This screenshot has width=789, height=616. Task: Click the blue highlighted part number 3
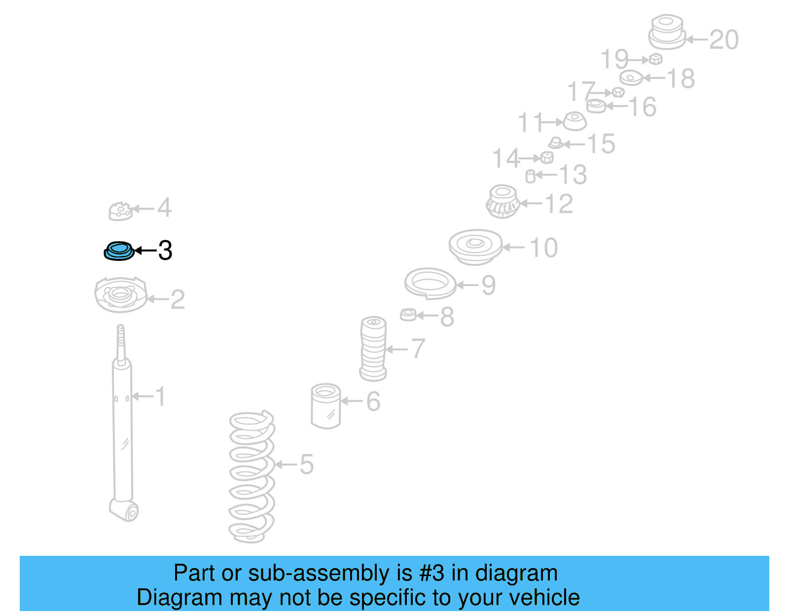(x=118, y=251)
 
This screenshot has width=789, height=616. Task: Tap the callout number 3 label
(x=165, y=251)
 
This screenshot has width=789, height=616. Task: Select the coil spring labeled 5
(x=251, y=476)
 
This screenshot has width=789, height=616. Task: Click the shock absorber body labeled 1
(x=122, y=434)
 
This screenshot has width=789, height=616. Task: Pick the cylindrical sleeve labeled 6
(x=326, y=405)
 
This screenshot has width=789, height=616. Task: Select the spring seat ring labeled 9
(x=430, y=283)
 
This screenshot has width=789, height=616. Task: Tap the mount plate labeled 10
(x=475, y=246)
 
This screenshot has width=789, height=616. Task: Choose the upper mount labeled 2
(x=120, y=294)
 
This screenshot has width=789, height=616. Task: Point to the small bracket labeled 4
(x=120, y=211)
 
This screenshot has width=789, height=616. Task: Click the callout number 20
(x=724, y=39)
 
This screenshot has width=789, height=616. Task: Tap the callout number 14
(x=506, y=158)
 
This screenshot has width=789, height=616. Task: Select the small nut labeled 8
(x=408, y=314)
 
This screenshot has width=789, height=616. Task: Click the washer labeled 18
(x=631, y=78)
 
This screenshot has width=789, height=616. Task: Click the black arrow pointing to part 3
(x=145, y=251)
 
